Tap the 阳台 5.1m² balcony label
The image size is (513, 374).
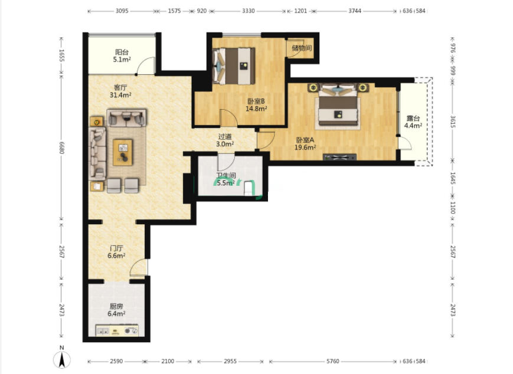point(122,56)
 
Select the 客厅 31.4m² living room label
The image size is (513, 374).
point(120,91)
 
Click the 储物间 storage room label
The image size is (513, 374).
point(302,48)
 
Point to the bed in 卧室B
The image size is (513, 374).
point(234,65)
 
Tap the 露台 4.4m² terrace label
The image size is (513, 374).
point(413,122)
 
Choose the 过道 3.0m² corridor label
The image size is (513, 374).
point(225,140)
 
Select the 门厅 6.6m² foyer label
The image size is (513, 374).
point(116,252)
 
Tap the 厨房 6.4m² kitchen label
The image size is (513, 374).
point(116,310)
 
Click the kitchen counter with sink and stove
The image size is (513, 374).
point(117,330)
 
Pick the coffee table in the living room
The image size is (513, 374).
point(123,152)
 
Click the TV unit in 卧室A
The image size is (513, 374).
point(339,158)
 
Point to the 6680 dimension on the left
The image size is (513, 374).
point(61,147)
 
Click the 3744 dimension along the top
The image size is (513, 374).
point(355,11)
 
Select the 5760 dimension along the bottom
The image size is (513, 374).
point(333,361)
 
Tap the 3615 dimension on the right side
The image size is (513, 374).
point(453,122)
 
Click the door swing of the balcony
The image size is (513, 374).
point(145,65)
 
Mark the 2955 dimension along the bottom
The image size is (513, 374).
point(230,361)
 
